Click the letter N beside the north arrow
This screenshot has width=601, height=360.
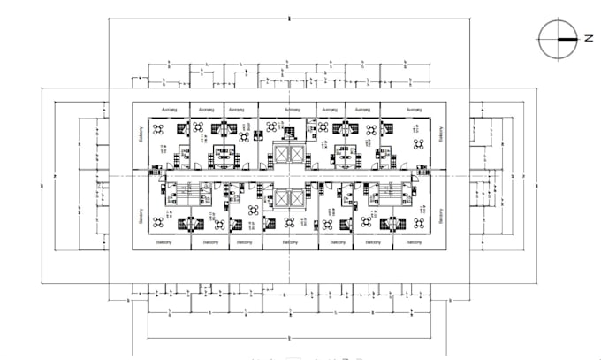[588, 38]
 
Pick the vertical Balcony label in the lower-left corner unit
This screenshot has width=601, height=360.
[141, 216]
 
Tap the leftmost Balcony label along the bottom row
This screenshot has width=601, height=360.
[164, 241]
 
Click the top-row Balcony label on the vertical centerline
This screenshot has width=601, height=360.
[289, 109]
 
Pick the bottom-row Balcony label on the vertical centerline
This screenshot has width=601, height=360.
[289, 241]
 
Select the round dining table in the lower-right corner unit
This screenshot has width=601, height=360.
[419, 222]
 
